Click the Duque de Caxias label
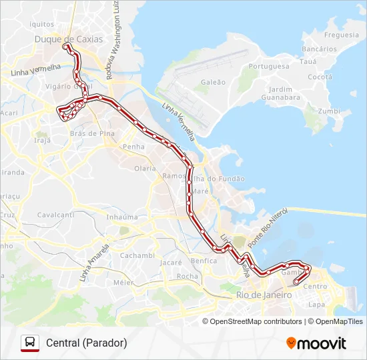coord(69,39)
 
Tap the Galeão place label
coord(213,83)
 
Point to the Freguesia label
coord(341,35)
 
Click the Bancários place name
coord(319,49)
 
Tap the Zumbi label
coord(330,111)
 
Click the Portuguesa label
coord(268,67)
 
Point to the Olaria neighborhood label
coord(145,169)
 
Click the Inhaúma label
coord(122,217)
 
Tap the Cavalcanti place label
coord(55,215)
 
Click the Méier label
coord(123,282)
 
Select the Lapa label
coord(316,305)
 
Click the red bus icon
coord(30,343)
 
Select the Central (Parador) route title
coord(87,343)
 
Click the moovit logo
coord(316,343)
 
